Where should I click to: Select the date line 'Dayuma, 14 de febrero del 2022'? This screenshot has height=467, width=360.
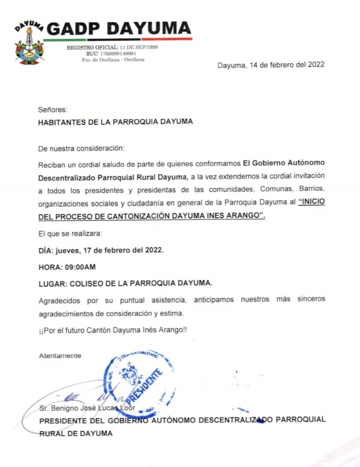(271, 65)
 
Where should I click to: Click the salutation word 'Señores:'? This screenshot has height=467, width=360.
(53, 109)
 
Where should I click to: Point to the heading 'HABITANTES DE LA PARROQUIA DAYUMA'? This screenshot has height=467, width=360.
(116, 122)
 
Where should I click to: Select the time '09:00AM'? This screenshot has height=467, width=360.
(80, 266)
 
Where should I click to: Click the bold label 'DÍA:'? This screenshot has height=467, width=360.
(46, 250)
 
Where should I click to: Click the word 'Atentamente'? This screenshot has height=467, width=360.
(60, 355)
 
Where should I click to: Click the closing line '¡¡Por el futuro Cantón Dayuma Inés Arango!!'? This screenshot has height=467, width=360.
(113, 330)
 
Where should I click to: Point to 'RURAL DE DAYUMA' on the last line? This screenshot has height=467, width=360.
(75, 434)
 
